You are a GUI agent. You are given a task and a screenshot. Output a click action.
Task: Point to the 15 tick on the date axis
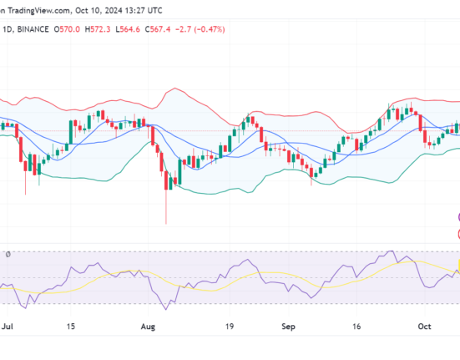73,328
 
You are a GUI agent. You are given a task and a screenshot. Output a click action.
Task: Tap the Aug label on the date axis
150,328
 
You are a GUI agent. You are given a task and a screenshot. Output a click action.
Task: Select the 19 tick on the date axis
230,328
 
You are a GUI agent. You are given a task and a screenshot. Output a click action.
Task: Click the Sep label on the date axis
290,328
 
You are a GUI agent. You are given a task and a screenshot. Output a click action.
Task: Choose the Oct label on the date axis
425,328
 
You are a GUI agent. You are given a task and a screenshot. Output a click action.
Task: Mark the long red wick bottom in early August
166,223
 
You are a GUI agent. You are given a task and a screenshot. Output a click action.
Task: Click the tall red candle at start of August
158,153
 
